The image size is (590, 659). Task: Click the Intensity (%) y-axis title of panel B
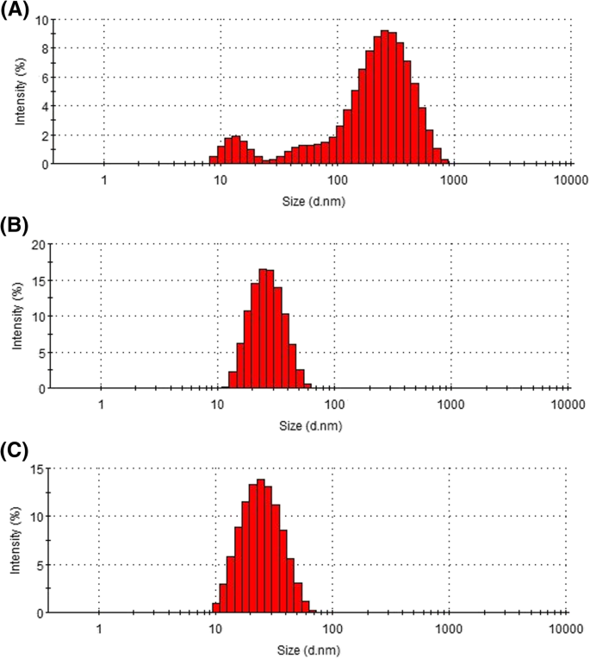pos(18,316)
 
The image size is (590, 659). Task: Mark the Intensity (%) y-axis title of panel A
pos(18,91)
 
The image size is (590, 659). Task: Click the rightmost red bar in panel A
pos(444,161)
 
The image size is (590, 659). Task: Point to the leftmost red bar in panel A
pos(213,160)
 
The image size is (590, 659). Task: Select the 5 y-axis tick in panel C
pos(39,565)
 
